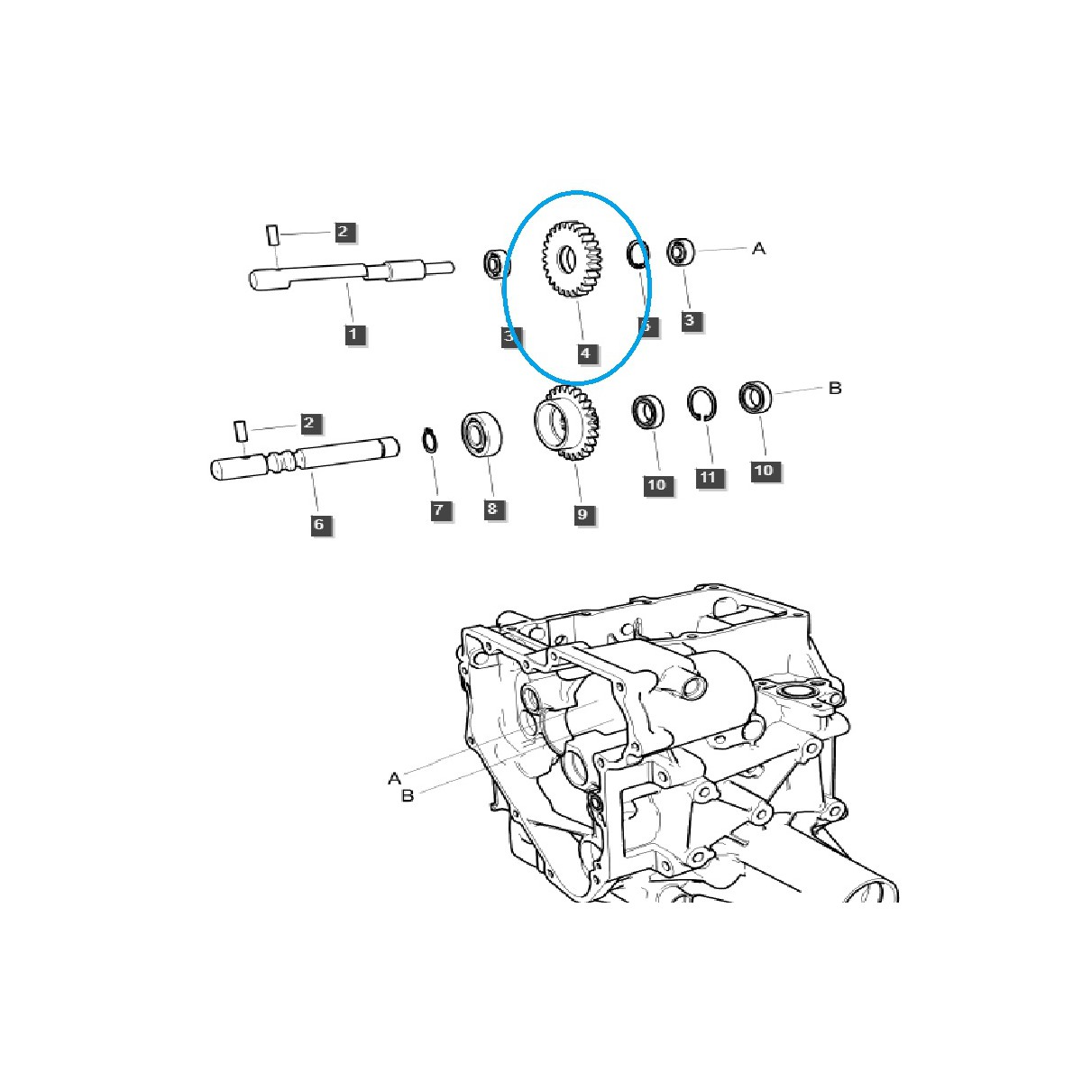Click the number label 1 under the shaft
coord(353,334)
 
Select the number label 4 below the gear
coord(585,353)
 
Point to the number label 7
coord(438,510)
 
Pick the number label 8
coord(491,509)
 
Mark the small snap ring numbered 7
coord(430,441)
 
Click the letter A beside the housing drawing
coord(394,777)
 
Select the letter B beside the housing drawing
coord(408,796)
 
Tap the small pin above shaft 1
coord(270,235)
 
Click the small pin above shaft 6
coord(240,430)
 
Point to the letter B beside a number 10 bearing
coord(835,389)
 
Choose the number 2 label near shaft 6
coord(308,422)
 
